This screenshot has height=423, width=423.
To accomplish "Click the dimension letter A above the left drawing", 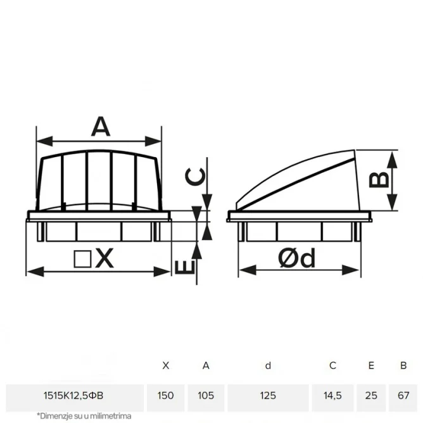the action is tap(101, 126).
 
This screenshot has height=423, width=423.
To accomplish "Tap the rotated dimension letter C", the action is tap(195, 177).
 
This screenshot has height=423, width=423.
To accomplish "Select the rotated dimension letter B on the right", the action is tap(379, 180).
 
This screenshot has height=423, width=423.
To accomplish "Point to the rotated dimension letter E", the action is tap(185, 267).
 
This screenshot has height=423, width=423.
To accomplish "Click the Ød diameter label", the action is tap(296, 258).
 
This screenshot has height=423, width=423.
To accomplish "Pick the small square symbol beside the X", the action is tap(82, 259).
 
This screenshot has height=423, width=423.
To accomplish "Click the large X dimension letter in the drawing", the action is tap(104, 258).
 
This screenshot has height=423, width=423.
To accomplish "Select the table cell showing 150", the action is tap(166, 396).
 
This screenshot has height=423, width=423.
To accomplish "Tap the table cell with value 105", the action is tap(206, 396).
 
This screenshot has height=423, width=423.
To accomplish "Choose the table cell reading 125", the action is tap(268, 396).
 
